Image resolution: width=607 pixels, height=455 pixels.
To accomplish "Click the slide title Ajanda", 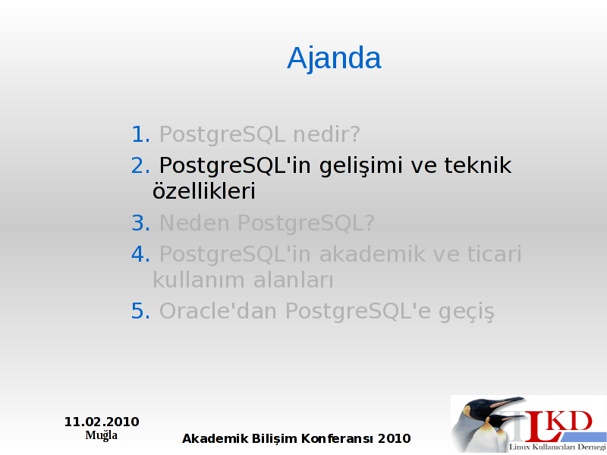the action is tap(334, 59).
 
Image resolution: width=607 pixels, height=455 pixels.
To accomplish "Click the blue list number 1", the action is tap(140, 134).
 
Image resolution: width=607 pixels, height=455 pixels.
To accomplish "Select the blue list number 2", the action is tap(140, 165).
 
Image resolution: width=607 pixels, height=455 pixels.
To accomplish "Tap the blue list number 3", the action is tap(140, 223).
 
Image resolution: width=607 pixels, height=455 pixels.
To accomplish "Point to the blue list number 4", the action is tap(140, 254).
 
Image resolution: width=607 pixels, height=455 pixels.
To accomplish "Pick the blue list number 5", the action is tap(140, 311).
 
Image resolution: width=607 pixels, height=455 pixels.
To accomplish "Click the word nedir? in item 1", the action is tap(327, 134).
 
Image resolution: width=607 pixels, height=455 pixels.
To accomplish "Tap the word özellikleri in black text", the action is tap(204, 191).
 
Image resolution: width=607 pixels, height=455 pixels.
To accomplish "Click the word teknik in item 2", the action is tap(478, 165).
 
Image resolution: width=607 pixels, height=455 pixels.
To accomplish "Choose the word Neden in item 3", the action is tap(195, 223).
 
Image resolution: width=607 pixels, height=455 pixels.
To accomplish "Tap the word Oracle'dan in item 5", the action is tap(218, 311).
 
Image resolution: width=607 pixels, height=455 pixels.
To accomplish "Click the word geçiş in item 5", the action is tap(467, 312).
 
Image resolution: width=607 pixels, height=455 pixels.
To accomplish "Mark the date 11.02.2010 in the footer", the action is tap(102, 422).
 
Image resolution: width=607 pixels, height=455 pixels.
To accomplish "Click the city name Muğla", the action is tap(102, 435).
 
